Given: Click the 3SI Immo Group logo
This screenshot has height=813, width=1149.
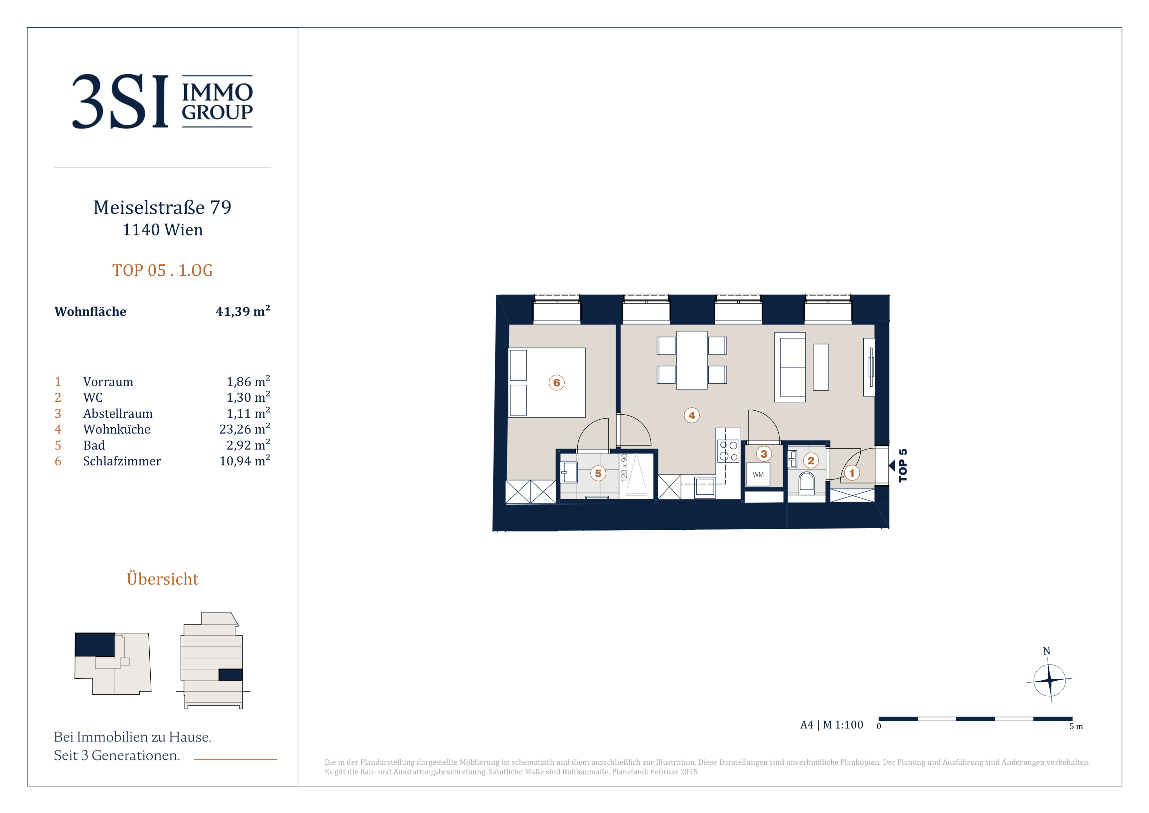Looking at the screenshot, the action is coord(162,101).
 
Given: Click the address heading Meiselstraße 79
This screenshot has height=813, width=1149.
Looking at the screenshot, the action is coord(162,207).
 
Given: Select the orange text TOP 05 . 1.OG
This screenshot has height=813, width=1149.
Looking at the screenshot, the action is coord(162,270).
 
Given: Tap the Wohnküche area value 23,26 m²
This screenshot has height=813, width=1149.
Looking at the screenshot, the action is coord(245,429).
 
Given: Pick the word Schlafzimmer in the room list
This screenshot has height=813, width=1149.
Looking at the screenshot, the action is coord(122,461).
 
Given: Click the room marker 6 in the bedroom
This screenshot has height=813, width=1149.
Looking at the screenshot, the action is coord(556,382).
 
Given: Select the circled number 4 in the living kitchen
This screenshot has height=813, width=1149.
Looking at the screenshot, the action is coord(692,415).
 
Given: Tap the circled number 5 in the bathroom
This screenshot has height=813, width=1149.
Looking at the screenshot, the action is coord(598,473).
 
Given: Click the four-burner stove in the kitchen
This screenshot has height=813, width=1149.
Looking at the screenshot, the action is coord(728,451).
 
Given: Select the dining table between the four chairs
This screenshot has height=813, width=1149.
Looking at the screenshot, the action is coord(692,360).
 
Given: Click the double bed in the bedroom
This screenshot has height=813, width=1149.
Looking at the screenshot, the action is coord(547,382).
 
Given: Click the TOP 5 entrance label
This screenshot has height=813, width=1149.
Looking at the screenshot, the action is coord(903,465).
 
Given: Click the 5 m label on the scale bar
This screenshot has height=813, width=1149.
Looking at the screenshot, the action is coord(1076,726).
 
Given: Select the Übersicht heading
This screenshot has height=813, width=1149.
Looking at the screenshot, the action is coord(162,579).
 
